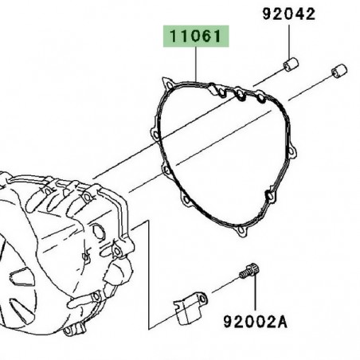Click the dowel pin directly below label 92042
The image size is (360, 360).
292,63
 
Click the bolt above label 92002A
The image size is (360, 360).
251,273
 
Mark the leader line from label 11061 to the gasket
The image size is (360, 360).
196,64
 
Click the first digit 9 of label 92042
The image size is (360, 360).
267,14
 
